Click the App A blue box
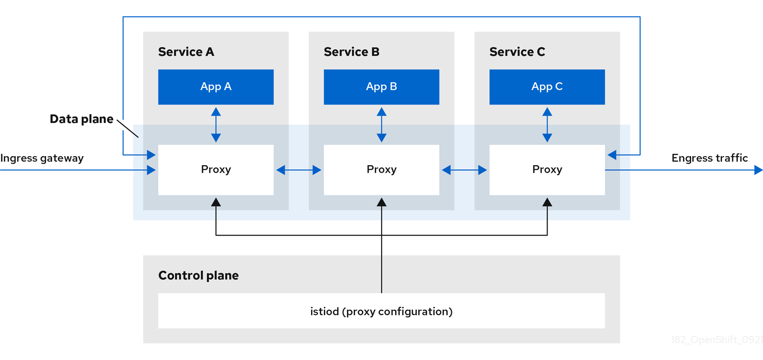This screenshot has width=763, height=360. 216,87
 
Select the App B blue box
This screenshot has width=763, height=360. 381,87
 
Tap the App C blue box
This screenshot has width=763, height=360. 547,87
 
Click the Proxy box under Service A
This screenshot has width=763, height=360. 216,170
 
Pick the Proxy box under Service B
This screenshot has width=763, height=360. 381,170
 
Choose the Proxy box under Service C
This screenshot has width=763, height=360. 547,170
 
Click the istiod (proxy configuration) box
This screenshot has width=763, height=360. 381,311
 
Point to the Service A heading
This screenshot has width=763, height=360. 186,52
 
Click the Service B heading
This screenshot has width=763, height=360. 351,52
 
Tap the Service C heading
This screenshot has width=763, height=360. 517,52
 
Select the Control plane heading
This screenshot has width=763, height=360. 198,275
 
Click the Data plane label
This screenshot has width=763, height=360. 81,119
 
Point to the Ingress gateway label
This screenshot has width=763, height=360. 42,158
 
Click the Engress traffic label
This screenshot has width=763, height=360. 709,158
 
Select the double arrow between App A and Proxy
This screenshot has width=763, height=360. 216,125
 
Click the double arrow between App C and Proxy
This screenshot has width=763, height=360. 547,125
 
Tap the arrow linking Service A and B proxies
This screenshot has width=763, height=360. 299,170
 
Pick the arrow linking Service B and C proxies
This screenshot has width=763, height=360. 464,170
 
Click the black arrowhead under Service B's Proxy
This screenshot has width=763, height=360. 381,202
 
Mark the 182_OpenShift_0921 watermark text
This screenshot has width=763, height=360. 717,339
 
